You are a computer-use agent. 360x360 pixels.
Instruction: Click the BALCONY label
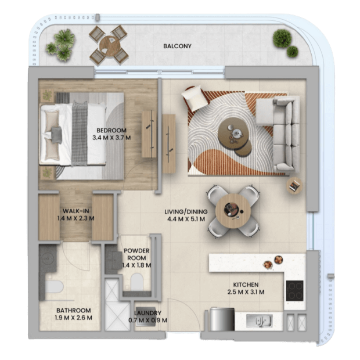177,46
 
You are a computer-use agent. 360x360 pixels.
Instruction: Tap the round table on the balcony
110,46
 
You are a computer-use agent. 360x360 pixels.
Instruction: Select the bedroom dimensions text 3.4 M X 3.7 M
111,138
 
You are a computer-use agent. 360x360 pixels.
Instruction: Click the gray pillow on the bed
56,135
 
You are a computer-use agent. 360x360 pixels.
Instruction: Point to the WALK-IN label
76,211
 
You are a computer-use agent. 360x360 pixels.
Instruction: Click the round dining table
233,211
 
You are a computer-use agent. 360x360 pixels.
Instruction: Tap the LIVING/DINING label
186,212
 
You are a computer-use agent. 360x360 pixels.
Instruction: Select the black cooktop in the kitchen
294,291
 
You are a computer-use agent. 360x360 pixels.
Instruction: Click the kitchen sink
260,321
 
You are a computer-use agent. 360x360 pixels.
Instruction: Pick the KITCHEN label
246,285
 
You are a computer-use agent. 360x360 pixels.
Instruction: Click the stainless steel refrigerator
222,319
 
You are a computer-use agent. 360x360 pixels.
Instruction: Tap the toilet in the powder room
137,282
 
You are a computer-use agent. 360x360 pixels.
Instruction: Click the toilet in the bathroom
54,287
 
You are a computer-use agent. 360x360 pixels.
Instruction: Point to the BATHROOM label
74,311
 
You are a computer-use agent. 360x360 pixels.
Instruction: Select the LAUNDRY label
147,313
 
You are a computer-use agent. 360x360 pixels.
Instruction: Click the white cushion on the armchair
195,98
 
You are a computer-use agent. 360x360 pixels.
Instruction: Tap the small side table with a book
294,186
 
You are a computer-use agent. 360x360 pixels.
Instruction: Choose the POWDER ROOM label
136,254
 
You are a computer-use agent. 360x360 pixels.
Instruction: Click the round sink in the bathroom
48,258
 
